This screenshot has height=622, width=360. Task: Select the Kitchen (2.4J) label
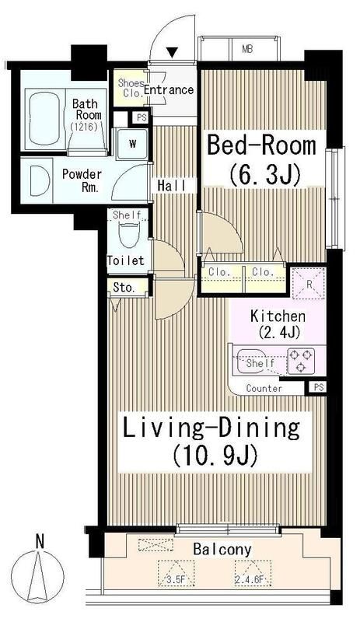[x=278, y=323]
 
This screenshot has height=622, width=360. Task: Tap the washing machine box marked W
[x=131, y=144]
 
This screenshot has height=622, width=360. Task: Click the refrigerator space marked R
[x=309, y=283]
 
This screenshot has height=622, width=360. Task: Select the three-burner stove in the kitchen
[x=300, y=361]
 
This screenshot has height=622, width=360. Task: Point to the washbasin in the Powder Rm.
[x=40, y=180]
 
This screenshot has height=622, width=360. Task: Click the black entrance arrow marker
[x=172, y=52]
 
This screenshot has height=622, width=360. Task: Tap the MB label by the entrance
[x=247, y=49]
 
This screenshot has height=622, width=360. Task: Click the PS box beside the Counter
[x=319, y=387]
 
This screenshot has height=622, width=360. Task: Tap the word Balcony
[x=222, y=550]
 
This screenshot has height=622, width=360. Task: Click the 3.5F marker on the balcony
[x=177, y=579]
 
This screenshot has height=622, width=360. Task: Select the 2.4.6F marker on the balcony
[x=252, y=579]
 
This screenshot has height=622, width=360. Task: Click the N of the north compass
[x=39, y=541]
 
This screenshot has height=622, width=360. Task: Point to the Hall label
[x=172, y=185]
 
